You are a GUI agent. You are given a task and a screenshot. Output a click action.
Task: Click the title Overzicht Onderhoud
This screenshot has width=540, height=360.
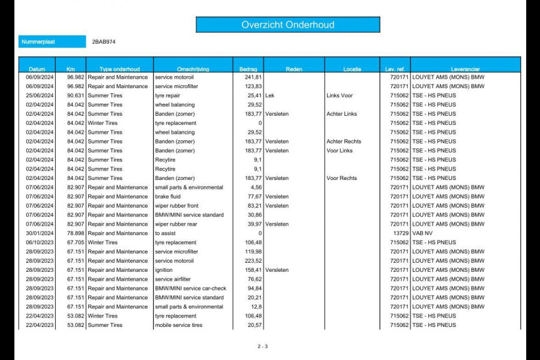(x=288, y=25)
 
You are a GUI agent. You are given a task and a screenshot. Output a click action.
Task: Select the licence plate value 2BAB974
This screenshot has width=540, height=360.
(x=104, y=42)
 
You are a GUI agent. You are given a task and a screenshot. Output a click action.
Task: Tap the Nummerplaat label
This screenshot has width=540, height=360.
(x=38, y=42)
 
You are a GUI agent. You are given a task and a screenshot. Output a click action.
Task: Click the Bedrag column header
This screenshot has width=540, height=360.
(x=248, y=69)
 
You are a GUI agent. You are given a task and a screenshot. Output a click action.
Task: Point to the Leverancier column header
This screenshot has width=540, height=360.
(x=465, y=69)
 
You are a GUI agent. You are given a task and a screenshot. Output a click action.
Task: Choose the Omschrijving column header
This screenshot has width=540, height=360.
(x=193, y=69)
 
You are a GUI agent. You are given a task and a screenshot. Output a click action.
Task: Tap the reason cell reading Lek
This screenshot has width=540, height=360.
(x=270, y=95)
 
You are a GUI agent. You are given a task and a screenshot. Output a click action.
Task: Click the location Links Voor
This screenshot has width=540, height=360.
(x=340, y=95)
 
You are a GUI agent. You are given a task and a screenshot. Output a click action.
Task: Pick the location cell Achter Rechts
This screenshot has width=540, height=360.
(x=344, y=142)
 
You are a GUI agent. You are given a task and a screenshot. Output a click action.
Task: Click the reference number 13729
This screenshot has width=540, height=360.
(x=401, y=233)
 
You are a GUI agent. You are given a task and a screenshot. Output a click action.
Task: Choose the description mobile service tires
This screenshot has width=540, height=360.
(x=179, y=325)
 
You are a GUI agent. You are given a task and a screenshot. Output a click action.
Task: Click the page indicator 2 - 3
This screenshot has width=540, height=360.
(x=263, y=346)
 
